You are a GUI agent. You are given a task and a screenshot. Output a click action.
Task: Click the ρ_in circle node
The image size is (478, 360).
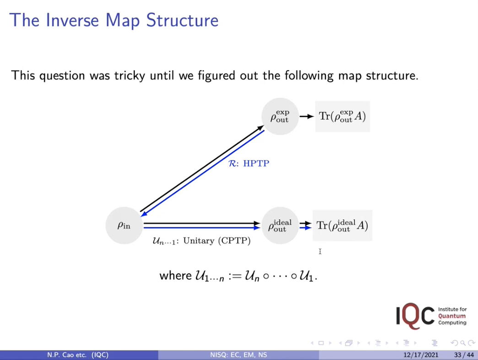tap(124, 225)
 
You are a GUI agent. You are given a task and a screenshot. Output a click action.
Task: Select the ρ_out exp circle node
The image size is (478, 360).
tap(280, 116)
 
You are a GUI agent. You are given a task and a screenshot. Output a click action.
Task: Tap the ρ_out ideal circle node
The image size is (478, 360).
tap(280, 225)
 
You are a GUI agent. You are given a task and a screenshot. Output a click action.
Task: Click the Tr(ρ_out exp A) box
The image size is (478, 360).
tap(342, 116)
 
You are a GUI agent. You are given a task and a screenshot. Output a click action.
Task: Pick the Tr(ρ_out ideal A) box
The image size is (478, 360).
tap(342, 225)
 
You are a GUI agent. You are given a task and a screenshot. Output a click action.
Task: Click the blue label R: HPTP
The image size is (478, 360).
tap(249, 164)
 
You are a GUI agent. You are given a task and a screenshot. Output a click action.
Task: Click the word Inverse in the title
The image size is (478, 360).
tap(72, 21)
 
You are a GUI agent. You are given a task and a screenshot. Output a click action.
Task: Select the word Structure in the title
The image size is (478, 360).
tap(182, 21)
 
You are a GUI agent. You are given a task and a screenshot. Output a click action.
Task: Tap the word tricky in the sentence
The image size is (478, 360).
tap(130, 76)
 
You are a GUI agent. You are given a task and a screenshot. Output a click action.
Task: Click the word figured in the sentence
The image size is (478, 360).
tap(217, 76)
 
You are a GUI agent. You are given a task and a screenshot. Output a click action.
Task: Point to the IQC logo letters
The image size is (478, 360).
tap(415, 316)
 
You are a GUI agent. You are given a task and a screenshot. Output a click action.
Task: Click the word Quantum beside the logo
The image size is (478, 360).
tap(452, 316)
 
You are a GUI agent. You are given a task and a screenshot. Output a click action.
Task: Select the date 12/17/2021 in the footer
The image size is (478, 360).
tap(421, 355)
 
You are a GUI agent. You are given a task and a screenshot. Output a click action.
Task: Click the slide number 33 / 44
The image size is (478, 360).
tap(464, 355)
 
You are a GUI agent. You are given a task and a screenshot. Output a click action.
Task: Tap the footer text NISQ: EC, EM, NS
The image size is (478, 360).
tap(239, 355)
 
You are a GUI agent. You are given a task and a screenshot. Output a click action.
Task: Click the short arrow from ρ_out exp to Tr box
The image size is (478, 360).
tap(306, 116)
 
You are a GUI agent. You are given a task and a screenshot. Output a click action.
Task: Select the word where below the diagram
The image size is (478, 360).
tap(175, 276)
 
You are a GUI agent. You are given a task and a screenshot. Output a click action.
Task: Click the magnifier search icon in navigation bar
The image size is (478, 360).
tap(463, 343)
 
